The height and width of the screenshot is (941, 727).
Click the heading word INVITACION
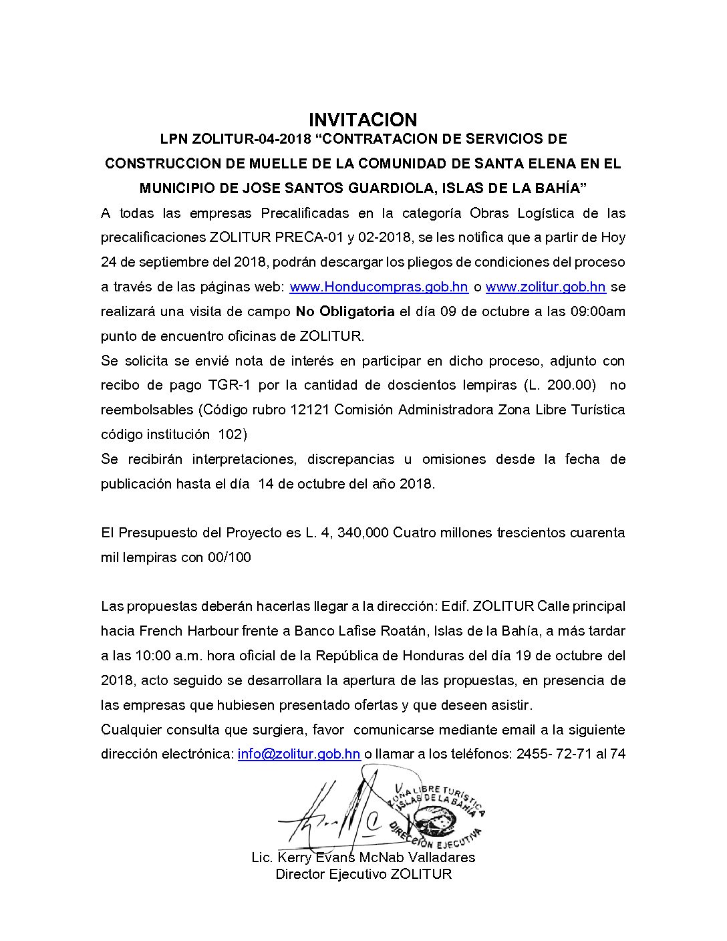click(x=363, y=120)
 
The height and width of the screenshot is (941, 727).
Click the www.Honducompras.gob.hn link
click(x=379, y=287)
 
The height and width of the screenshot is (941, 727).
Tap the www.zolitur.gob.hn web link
click(x=545, y=287)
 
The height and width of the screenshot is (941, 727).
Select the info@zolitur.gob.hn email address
click(x=299, y=754)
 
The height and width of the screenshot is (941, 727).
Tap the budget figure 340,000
click(x=363, y=533)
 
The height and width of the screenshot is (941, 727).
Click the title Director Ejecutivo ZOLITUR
click(x=363, y=874)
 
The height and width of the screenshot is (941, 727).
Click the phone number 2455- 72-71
click(x=553, y=754)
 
